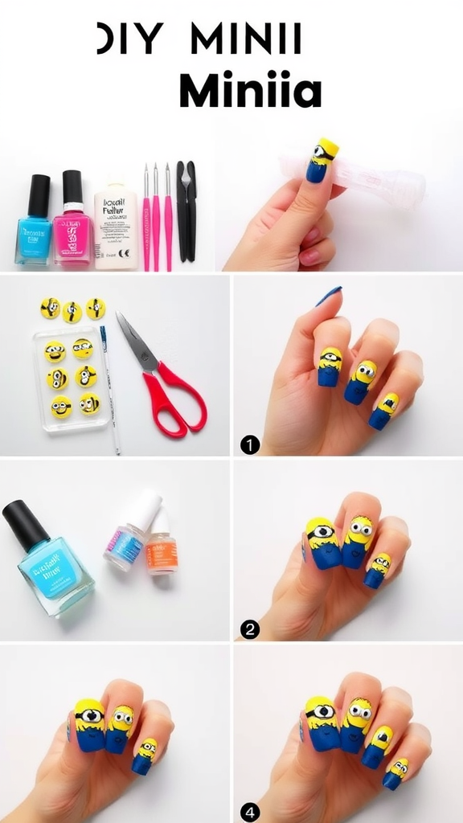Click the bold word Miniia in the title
[249, 91]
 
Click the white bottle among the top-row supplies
[115, 227]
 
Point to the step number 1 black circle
[250, 443]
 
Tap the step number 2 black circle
[250, 629]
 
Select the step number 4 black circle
[250, 813]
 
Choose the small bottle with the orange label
[162, 547]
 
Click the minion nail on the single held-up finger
[322, 161]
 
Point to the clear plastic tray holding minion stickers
[71, 378]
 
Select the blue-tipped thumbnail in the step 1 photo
[329, 296]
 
